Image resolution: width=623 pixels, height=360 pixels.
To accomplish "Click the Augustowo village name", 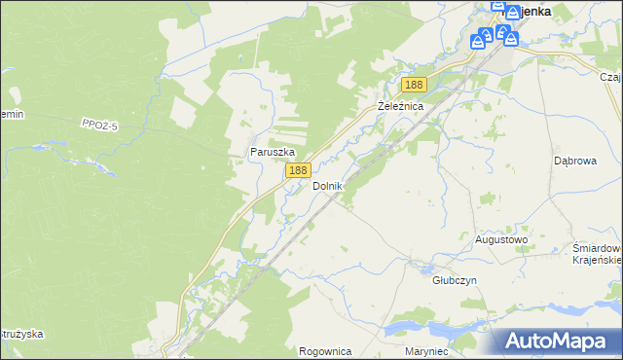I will point(500,238).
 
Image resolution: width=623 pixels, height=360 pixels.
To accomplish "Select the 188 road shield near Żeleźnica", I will point(414,85).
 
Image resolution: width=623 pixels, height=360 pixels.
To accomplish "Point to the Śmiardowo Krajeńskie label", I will point(596,254).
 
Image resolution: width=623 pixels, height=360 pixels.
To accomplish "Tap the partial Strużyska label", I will point(21,334).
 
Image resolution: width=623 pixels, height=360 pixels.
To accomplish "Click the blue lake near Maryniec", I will point(428,326).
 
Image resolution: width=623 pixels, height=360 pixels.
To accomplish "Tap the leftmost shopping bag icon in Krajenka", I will point(478,42).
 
